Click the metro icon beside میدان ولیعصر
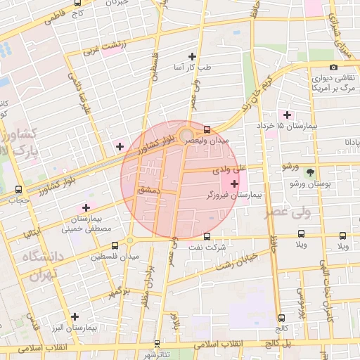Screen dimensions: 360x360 pos(207,129)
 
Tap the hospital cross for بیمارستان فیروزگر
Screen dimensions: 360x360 pos(234,184)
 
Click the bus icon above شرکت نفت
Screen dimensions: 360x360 pos(207,236)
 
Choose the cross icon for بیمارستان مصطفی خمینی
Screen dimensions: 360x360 pos(86,207)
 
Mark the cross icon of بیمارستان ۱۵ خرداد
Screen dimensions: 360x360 pos(286,114)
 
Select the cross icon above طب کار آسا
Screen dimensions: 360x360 pos(193,56)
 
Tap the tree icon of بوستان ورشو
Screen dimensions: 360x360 pos(311,172)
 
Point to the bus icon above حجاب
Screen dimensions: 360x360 pos(18,189)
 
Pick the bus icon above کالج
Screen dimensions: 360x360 pos(282,318)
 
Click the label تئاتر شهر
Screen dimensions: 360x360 pos(166,354)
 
